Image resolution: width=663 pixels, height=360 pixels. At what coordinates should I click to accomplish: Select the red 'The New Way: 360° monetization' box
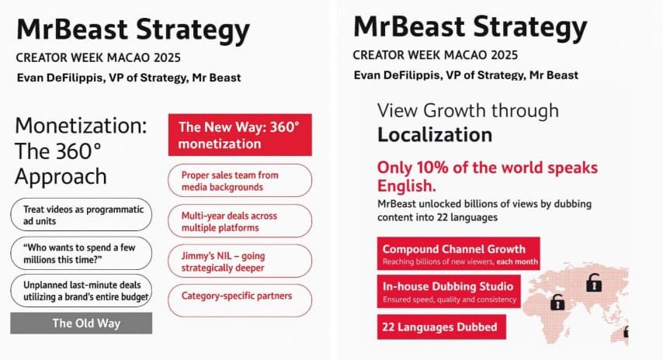[240, 135]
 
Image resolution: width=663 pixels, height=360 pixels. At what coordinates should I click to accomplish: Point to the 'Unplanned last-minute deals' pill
[81, 291]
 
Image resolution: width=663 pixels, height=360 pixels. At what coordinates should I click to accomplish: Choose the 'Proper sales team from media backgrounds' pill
[240, 181]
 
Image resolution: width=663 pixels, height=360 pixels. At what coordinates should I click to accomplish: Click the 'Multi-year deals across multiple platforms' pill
[240, 221]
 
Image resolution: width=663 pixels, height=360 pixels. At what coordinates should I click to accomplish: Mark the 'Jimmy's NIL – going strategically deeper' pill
[240, 261]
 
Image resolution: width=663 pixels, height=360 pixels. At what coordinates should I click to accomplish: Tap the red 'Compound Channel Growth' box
[457, 254]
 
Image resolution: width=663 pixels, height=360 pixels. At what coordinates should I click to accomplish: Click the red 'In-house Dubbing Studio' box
[449, 291]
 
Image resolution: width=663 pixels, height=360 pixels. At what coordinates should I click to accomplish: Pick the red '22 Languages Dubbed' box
[441, 327]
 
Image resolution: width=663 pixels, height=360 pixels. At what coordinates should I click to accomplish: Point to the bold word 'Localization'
[435, 135]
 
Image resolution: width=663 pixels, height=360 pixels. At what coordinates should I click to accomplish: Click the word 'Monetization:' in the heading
[81, 126]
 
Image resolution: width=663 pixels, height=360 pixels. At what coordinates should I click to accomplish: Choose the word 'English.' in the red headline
[406, 187]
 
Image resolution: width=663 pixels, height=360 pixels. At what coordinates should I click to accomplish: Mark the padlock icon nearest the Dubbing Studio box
[557, 302]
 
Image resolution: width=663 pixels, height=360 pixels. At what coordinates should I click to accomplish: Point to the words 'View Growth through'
[467, 110]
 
